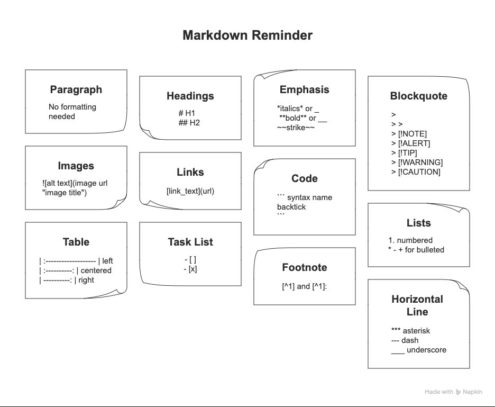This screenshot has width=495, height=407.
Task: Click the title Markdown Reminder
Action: click(247, 35)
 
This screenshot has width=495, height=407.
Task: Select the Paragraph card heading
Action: click(76, 89)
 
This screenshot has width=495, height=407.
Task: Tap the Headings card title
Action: click(190, 96)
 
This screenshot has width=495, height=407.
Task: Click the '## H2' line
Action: click(189, 123)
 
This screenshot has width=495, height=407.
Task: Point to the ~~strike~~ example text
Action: click(296, 128)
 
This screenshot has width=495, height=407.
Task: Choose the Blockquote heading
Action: click(419, 96)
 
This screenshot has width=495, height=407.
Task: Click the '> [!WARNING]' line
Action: click(417, 162)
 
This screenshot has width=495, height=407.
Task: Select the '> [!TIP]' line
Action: click(404, 153)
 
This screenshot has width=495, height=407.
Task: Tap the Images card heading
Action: click(76, 166)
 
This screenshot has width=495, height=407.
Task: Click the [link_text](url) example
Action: click(190, 191)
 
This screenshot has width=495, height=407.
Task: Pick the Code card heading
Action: click(305, 178)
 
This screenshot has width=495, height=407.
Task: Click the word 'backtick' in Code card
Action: click(291, 207)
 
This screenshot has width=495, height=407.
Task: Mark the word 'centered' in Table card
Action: click(96, 270)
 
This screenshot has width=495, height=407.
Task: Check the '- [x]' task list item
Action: click(190, 269)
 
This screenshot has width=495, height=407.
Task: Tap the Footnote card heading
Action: click(305, 267)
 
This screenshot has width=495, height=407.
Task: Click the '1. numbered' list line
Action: click(410, 240)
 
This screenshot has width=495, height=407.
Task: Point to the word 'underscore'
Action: click(427, 350)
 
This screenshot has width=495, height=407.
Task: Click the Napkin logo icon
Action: click(459, 392)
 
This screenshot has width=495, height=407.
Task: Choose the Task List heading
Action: click(190, 242)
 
